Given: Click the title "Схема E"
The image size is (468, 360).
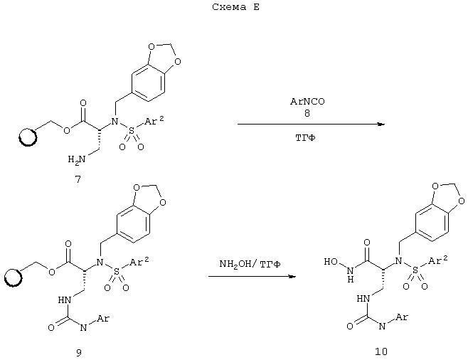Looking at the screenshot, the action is click(236, 7).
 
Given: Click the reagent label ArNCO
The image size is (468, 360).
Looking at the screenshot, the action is click(307, 102).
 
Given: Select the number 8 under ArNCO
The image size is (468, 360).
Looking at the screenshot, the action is click(307, 113).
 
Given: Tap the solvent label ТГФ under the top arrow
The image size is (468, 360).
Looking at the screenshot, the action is click(305, 138).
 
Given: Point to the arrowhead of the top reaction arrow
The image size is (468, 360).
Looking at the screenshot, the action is click(381, 125).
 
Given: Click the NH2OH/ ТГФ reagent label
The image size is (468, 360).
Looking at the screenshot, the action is click(250, 264).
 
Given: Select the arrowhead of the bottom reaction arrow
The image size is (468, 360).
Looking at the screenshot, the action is click(292, 276).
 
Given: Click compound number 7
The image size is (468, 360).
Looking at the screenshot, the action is click(78, 179).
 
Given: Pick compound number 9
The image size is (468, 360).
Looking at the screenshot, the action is click(78, 353).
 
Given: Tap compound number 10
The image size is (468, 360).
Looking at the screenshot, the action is click(381, 351).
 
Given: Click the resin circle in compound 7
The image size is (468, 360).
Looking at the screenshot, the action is click(28, 137).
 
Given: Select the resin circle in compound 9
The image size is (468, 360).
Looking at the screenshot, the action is click(13, 277).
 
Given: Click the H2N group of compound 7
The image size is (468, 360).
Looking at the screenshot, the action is click(76, 159).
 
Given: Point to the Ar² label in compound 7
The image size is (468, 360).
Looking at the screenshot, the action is click(154, 120).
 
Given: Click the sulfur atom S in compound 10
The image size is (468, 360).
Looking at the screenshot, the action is click(415, 270).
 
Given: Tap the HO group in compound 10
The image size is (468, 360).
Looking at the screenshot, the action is click(331, 262).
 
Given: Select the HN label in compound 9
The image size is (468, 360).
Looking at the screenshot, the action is click(65, 300).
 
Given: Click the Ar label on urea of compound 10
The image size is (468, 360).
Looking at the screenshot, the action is click(401, 317).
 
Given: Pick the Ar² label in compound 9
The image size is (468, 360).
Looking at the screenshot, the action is click(139, 262).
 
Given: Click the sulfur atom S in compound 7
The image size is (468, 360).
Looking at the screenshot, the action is click(132, 130).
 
